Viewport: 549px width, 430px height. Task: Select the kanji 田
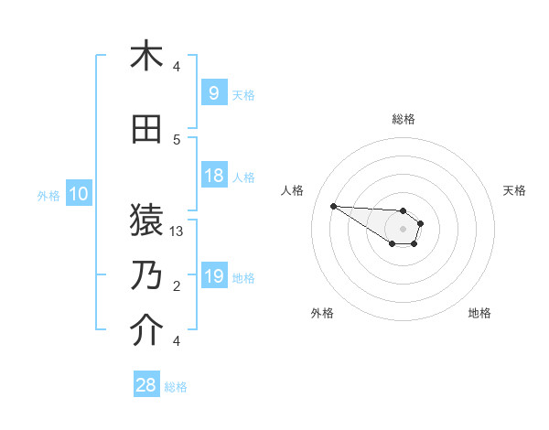point(146,130)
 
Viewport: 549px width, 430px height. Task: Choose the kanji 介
point(146,330)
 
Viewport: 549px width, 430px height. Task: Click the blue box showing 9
point(214,93)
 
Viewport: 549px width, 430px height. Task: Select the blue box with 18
point(214,176)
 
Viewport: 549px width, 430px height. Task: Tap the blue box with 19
point(214,277)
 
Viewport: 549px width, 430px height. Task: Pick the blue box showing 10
point(78,194)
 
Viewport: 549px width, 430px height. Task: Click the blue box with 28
point(146,385)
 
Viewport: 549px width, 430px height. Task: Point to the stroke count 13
point(178,231)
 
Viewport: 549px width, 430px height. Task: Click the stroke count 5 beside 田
point(177,140)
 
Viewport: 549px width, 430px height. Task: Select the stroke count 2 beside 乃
point(177,286)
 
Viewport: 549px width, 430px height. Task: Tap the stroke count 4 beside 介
point(177,341)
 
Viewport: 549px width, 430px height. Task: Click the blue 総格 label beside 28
point(176,387)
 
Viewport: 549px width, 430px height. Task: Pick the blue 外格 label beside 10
point(48,195)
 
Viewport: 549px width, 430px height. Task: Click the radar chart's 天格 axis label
point(515,190)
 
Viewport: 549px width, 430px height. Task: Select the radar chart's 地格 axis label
point(479,313)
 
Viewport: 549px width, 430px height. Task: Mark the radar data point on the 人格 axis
point(333,206)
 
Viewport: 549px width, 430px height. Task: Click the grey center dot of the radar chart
point(403,229)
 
